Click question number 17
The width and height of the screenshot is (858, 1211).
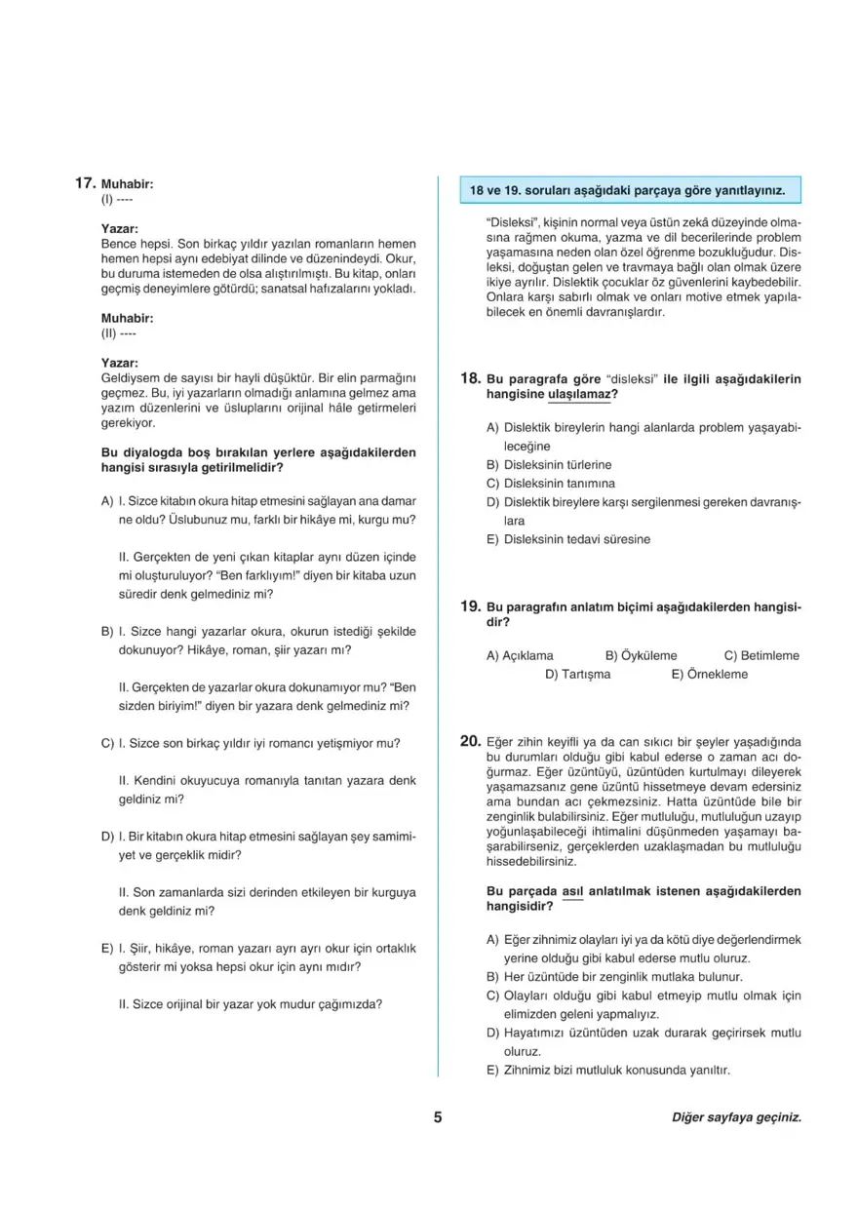[84, 182]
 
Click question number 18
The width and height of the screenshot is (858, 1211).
[470, 377]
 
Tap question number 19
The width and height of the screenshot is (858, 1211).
[470, 605]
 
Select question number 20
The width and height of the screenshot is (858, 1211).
[470, 741]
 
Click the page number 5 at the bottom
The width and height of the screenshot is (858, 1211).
[438, 1117]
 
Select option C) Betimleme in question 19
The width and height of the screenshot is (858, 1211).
[761, 655]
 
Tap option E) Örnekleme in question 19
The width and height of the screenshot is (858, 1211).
[709, 674]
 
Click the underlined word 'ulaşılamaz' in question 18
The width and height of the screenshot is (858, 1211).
[580, 394]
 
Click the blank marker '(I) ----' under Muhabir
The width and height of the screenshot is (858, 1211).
[116, 200]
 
